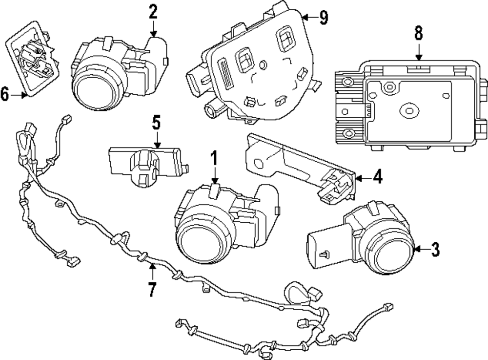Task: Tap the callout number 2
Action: [x=154, y=11]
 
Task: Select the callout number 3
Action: [x=435, y=250]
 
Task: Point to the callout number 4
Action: [x=377, y=177]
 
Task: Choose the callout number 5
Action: [x=156, y=122]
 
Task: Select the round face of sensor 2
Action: [x=96, y=89]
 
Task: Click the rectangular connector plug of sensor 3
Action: [x=323, y=248]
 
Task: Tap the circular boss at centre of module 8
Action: [x=407, y=110]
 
